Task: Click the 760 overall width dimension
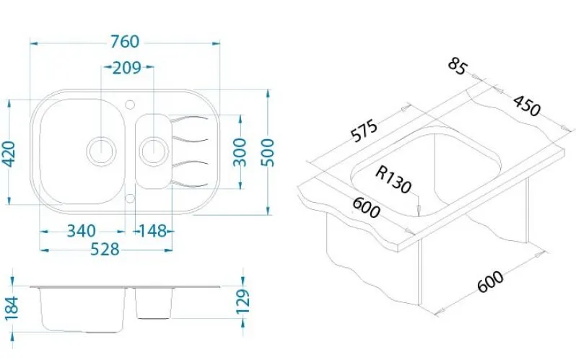click(x=125, y=42)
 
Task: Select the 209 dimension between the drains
click(x=127, y=68)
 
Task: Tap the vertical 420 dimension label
click(x=9, y=154)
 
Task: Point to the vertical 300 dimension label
click(x=240, y=152)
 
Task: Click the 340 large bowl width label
click(x=81, y=231)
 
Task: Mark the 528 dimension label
click(x=105, y=250)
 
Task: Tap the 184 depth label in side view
click(x=12, y=308)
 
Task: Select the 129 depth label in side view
click(x=243, y=302)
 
